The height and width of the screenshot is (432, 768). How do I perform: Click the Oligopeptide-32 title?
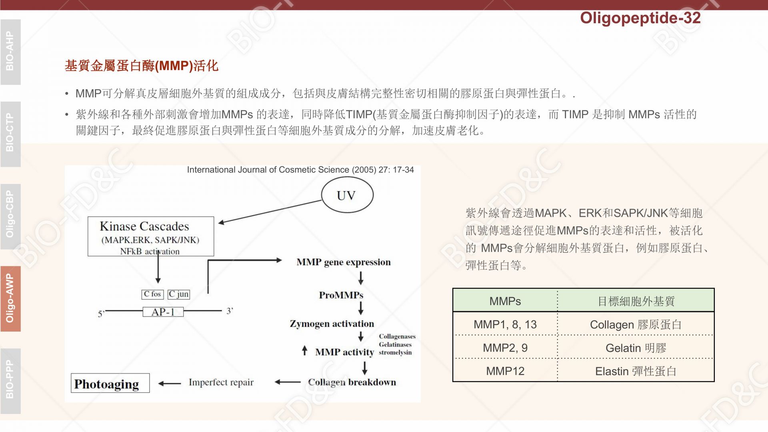pos(640,18)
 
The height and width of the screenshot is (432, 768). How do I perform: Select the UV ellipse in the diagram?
pos(347,195)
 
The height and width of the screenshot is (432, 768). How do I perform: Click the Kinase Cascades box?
pos(151,236)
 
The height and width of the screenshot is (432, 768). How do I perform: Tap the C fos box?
pos(152,294)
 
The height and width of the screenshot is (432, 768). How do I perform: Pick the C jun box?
pos(178,294)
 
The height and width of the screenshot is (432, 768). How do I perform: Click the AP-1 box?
pos(163,312)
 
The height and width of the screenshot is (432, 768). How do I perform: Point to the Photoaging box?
pos(110,383)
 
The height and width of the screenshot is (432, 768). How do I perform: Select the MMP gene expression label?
pos(344,262)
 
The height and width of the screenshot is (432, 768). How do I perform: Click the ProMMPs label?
pos(341,295)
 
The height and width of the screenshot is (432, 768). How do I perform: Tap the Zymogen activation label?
pos(332,324)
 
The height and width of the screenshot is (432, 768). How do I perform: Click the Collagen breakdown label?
pos(352,382)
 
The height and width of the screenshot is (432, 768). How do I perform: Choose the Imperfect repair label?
pos(221,382)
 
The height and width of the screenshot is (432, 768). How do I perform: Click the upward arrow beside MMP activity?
pos(305,350)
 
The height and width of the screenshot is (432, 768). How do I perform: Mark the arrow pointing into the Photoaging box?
pos(170,383)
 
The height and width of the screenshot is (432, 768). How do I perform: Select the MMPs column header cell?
pos(505,301)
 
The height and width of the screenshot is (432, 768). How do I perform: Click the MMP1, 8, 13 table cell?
pos(505,324)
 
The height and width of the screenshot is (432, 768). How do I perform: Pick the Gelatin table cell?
pos(636,348)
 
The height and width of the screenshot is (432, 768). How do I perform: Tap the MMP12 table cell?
pos(505,371)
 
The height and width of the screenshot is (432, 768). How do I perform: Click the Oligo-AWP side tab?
pos(10,298)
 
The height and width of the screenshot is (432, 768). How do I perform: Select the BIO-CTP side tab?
pos(10,134)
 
